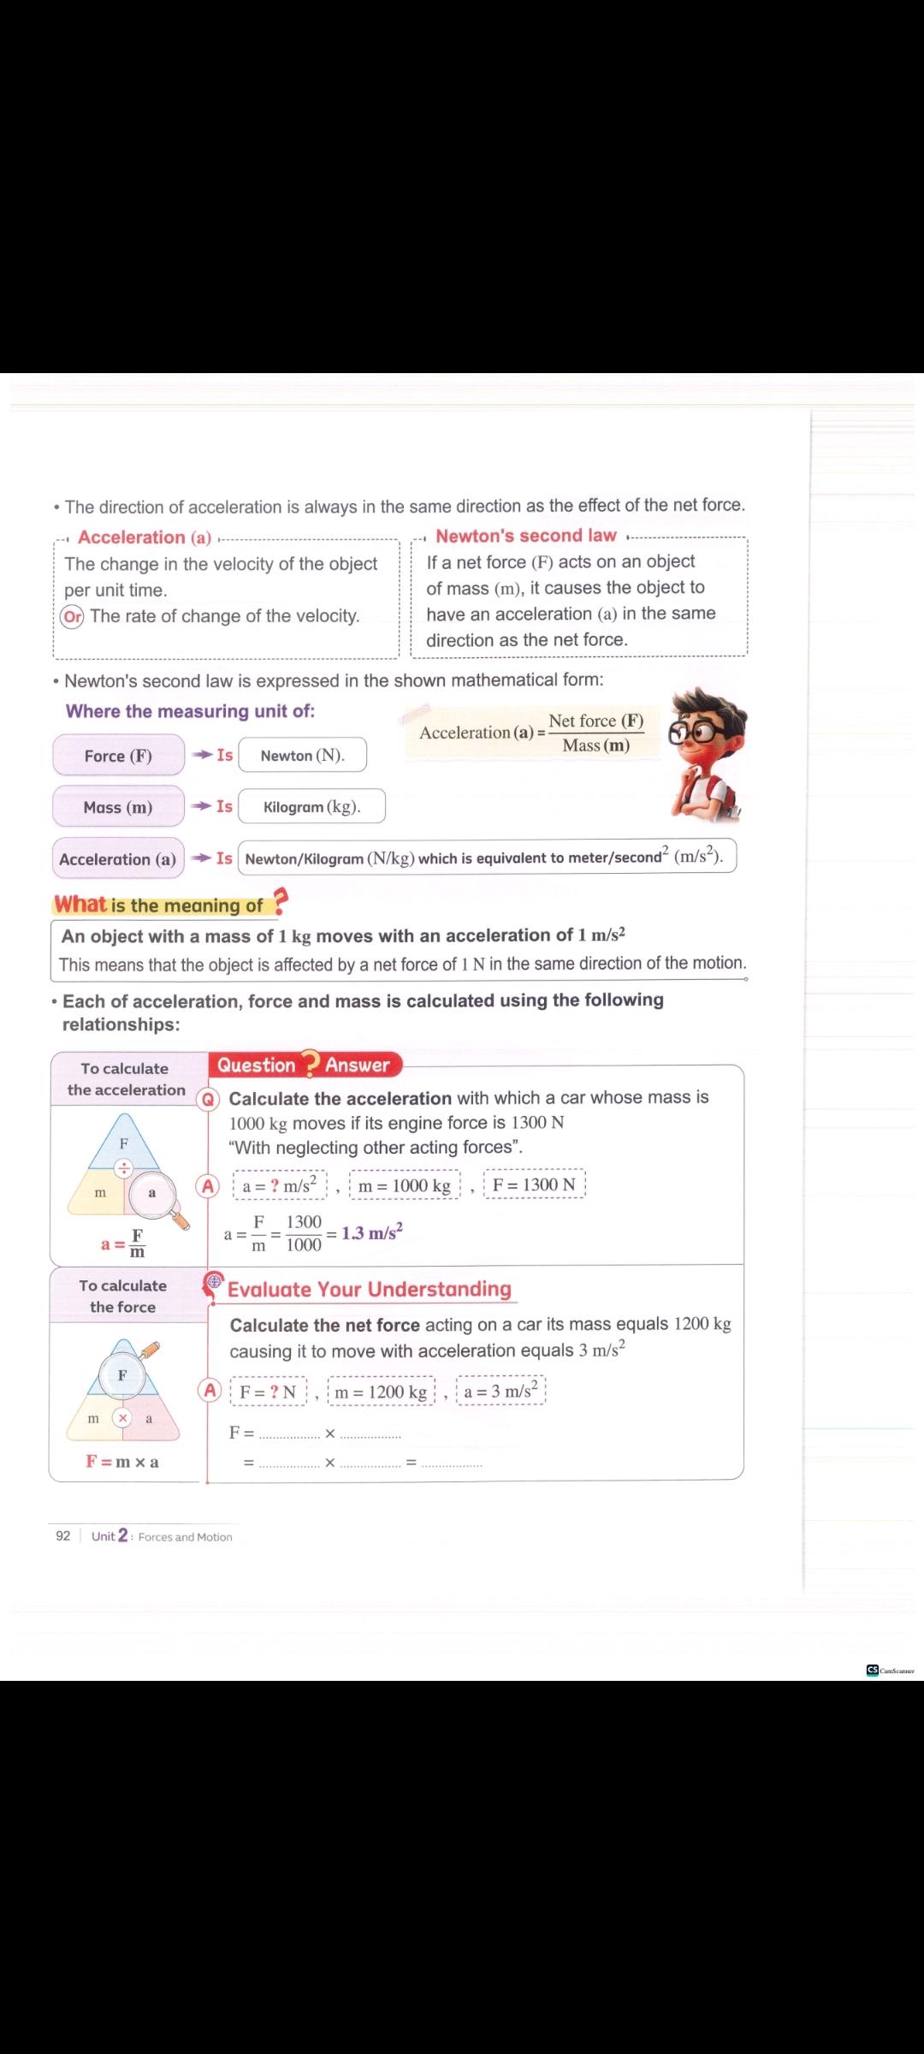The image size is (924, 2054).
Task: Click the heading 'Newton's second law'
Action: (x=525, y=536)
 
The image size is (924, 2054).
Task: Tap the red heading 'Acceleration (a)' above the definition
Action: (x=144, y=537)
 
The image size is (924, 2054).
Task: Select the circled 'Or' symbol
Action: (x=73, y=616)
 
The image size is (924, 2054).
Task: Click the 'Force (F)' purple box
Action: (x=118, y=756)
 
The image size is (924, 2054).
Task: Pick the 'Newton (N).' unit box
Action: (x=302, y=755)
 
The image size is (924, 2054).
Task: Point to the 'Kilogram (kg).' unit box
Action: (x=311, y=806)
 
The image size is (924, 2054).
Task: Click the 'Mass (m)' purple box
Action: (x=118, y=807)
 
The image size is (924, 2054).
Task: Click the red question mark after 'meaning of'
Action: (x=280, y=902)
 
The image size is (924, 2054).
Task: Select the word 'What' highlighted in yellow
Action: (x=80, y=905)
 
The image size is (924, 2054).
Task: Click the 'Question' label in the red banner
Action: (x=256, y=1065)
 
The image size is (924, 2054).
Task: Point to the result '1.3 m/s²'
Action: (x=372, y=1232)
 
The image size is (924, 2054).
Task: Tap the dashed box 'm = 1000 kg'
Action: (x=404, y=1185)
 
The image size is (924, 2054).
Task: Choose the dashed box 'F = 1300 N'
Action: (x=534, y=1184)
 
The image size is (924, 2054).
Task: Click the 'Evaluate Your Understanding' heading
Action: (x=369, y=1289)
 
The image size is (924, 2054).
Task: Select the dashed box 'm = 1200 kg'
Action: (x=381, y=1392)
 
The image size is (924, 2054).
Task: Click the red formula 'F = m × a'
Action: (x=121, y=1461)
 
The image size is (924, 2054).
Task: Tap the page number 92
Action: (x=63, y=1535)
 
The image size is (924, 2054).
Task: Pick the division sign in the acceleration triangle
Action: (x=124, y=1168)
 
